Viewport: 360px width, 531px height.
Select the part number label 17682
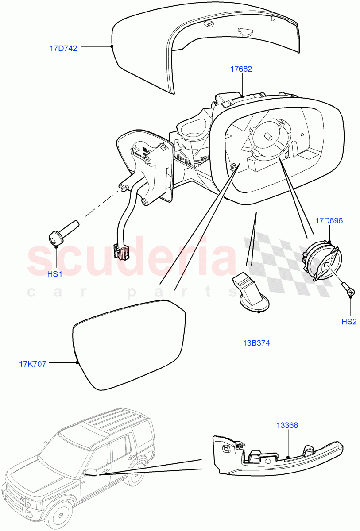point(241,69)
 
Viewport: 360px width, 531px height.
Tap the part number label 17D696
point(329,220)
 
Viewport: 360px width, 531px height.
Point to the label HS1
point(54,274)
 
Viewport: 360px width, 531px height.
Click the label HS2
point(348,322)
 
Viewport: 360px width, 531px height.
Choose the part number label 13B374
point(256,342)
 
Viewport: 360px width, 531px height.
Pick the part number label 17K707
point(33,364)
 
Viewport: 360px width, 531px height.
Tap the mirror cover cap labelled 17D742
point(208,44)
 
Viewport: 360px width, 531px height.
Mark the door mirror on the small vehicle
point(91,472)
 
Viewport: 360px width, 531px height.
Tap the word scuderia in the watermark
point(133,259)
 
